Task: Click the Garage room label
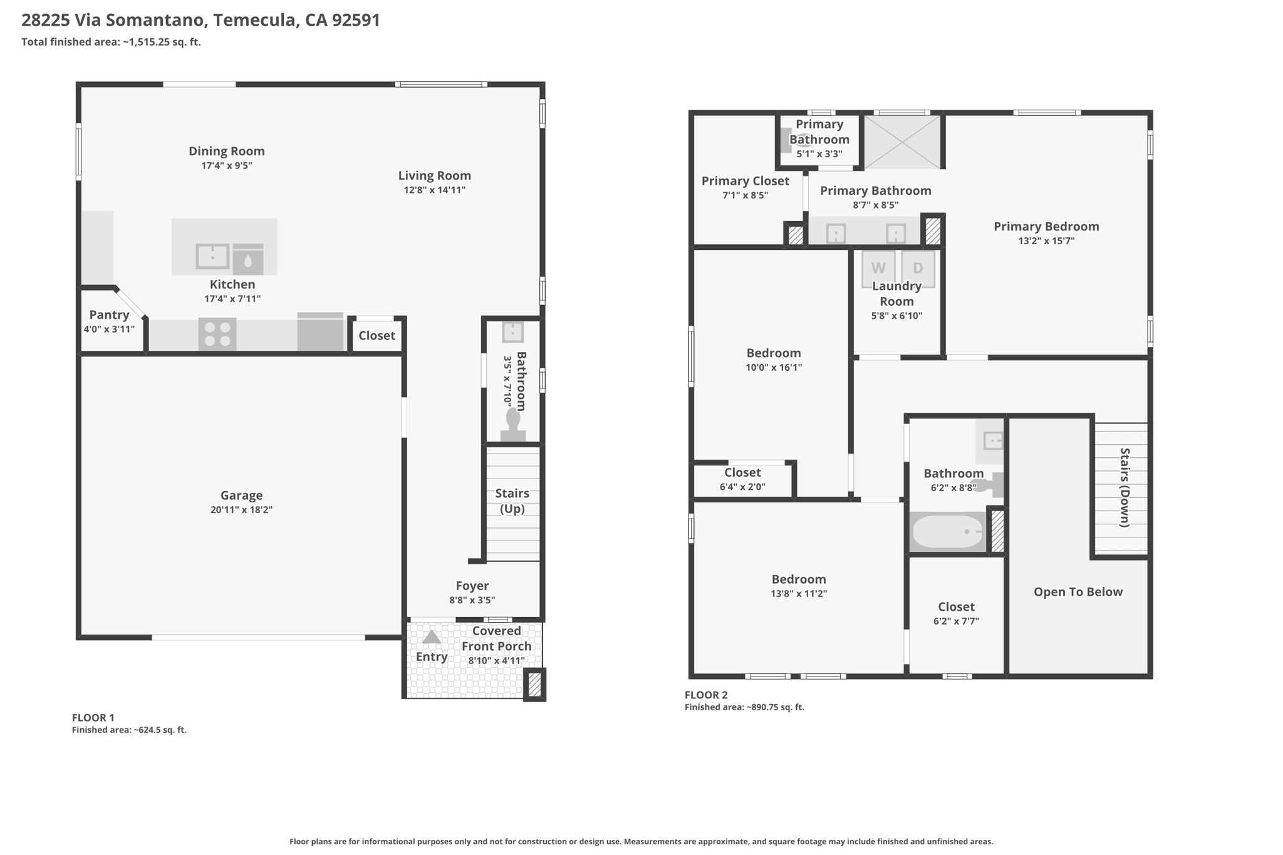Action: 241,495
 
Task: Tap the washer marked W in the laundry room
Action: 878,268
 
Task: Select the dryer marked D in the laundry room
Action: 918,268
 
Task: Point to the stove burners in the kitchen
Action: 217,334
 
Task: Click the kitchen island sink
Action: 213,256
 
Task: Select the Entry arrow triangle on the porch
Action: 431,637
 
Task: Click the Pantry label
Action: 109,314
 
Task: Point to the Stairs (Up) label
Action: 512,500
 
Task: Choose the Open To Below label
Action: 1078,592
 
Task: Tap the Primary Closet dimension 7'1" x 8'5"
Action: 745,195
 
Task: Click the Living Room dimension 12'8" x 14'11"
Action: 435,190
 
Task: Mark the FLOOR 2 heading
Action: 706,695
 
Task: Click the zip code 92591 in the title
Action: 356,20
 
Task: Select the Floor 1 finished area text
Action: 129,730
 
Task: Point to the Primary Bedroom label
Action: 1046,226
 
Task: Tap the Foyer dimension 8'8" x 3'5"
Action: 472,600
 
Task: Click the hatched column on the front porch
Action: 534,684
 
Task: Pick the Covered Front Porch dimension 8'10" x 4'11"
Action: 497,660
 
